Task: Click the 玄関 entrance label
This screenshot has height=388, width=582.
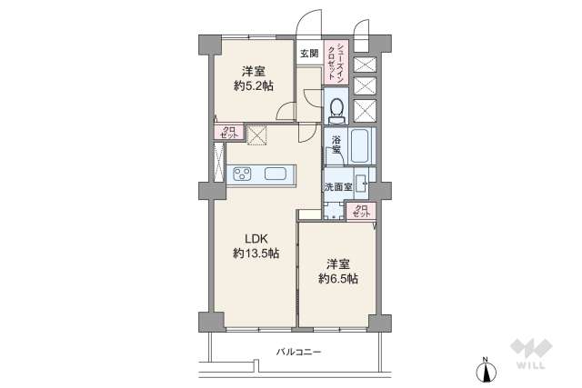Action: click(x=309, y=53)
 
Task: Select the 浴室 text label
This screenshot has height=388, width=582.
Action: click(x=336, y=146)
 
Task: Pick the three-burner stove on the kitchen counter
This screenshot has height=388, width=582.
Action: click(x=243, y=174)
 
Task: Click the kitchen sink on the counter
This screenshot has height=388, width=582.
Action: click(x=275, y=174)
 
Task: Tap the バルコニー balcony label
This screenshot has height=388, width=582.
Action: click(x=299, y=351)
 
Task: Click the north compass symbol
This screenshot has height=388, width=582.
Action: click(x=486, y=370)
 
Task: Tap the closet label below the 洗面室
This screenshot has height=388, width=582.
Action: click(x=360, y=211)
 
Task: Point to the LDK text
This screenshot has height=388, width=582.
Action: click(x=254, y=239)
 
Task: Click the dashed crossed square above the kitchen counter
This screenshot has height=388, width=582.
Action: click(x=258, y=134)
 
